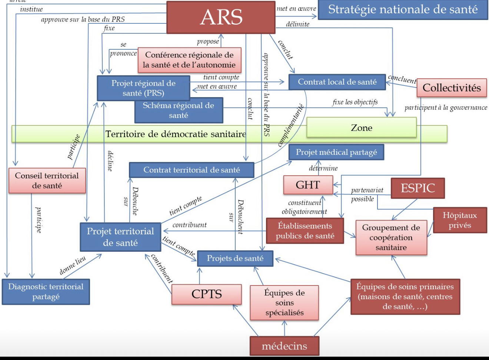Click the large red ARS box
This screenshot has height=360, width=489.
point(221,17)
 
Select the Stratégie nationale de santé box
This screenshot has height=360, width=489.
point(403,10)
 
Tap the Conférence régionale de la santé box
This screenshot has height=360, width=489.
point(190,60)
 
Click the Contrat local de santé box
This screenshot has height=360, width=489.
point(337,82)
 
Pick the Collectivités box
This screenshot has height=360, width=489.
point(452,88)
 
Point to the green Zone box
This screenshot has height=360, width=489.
point(362,128)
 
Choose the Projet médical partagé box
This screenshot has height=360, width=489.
point(336,152)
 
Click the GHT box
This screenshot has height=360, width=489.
point(308,185)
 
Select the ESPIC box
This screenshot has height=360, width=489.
point(418,188)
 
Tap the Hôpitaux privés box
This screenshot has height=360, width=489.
point(460,220)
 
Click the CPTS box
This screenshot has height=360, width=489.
point(206,294)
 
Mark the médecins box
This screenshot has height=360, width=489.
point(285,346)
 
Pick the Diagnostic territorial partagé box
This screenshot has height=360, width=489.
point(46,292)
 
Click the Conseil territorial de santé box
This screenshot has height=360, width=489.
point(47,181)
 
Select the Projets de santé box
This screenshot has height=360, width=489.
point(235,258)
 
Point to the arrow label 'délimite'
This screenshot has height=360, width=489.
point(297,24)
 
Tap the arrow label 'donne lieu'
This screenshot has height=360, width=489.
point(73,265)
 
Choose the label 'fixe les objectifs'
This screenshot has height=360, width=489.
point(355,102)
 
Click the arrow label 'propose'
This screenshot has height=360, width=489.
point(208,42)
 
